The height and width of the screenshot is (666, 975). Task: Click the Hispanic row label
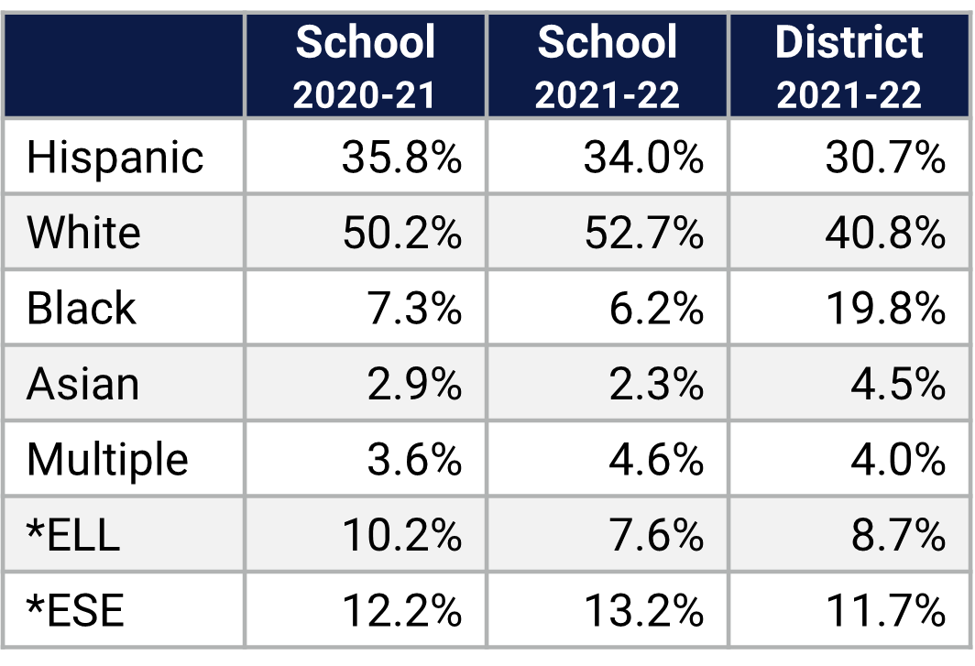point(115,158)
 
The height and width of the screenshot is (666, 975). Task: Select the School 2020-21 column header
point(365,66)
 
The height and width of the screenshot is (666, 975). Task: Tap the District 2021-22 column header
point(849,66)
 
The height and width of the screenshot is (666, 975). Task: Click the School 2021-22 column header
point(607,66)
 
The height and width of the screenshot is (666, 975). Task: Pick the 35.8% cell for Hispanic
point(401,158)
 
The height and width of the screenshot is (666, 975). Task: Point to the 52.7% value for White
point(643,233)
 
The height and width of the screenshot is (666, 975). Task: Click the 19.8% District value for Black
point(885,308)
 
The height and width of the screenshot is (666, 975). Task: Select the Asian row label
point(82,384)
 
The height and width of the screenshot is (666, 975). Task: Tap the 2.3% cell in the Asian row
point(656,384)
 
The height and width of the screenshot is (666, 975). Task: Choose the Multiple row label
point(107,459)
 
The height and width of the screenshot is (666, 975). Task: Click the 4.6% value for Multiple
point(656,459)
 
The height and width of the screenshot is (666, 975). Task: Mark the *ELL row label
point(73,534)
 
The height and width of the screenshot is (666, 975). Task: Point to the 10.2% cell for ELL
point(401,534)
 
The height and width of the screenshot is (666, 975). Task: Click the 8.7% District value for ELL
point(898,534)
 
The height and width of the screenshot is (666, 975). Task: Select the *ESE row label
point(74,609)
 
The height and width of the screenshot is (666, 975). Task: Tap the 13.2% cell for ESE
point(643,609)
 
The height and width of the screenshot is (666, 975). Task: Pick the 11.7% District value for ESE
point(885,609)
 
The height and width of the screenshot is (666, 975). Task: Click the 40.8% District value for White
point(885,233)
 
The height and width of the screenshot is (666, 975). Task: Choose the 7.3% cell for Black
point(414,308)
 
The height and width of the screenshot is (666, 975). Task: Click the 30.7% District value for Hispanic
point(885,158)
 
